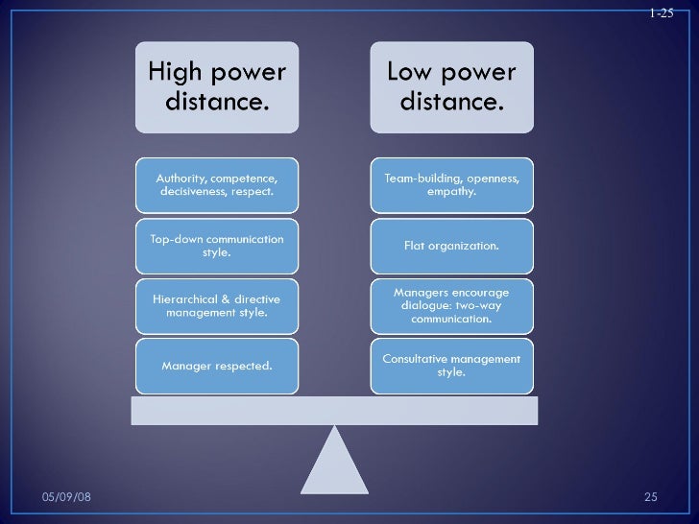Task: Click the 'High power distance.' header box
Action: tap(217, 86)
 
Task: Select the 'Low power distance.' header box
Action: tap(451, 86)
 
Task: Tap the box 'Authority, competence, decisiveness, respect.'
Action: tap(217, 184)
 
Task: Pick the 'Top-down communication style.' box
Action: tap(217, 246)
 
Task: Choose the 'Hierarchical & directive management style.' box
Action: tap(217, 305)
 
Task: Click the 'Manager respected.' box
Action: tap(217, 366)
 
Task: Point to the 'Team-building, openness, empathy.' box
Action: tap(451, 184)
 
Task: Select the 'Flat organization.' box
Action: tap(451, 246)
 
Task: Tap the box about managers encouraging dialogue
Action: tap(451, 305)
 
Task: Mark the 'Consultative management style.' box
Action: tap(451, 366)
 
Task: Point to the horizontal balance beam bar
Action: tap(334, 411)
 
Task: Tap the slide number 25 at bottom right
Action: tap(650, 496)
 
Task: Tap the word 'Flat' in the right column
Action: tap(417, 246)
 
